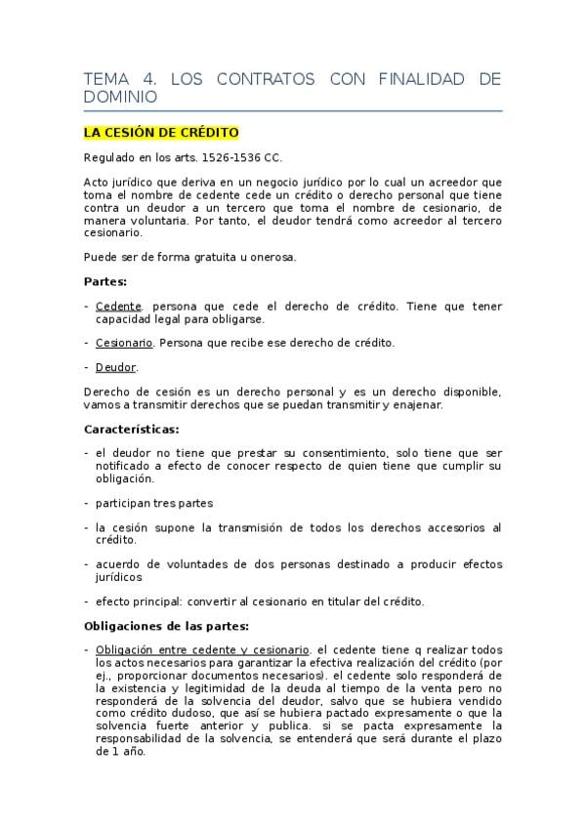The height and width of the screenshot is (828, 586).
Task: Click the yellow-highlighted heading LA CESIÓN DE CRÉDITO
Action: click(160, 132)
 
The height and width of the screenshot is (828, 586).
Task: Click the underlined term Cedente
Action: click(118, 306)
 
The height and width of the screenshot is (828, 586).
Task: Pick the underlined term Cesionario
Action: click(124, 343)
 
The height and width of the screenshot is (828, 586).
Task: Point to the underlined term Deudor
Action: click(116, 367)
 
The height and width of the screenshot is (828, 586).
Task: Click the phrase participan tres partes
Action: click(154, 503)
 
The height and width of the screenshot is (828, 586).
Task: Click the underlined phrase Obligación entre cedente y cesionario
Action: click(203, 649)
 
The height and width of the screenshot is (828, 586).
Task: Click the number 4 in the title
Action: click(138, 79)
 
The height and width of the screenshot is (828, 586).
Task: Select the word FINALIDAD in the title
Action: click(420, 79)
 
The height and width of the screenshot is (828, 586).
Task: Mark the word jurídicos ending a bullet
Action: click(119, 576)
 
